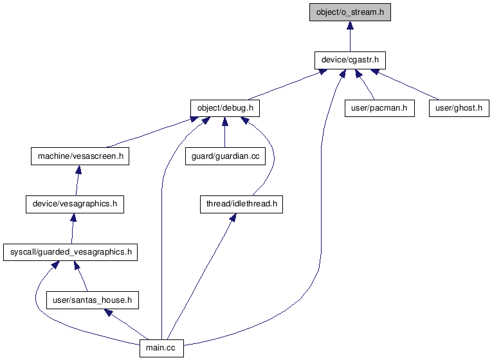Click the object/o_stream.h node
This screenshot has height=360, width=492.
coord(350,12)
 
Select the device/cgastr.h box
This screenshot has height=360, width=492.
coord(350,60)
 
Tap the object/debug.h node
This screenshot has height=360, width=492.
coord(224,107)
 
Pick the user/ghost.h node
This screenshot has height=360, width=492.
coord(459,107)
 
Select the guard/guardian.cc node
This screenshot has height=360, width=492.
coord(224,156)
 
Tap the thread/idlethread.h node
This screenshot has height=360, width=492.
coord(241,204)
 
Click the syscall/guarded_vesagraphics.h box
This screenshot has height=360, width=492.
coord(71,252)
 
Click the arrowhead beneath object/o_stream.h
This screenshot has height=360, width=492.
coord(350,26)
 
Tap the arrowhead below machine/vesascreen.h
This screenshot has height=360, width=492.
coord(78,170)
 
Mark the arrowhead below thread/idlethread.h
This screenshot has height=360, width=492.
coord(232,218)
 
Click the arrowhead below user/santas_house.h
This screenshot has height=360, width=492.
coord(109,312)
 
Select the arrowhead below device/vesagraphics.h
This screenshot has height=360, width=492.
coord(73,218)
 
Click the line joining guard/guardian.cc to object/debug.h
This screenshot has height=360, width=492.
coord(224,135)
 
